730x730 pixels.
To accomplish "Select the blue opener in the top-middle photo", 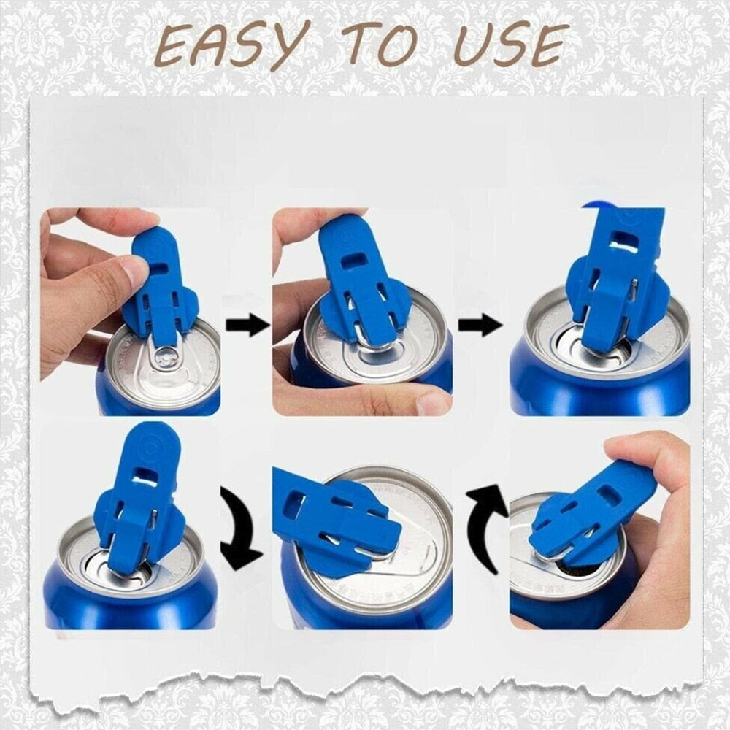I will pos(358,285).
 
